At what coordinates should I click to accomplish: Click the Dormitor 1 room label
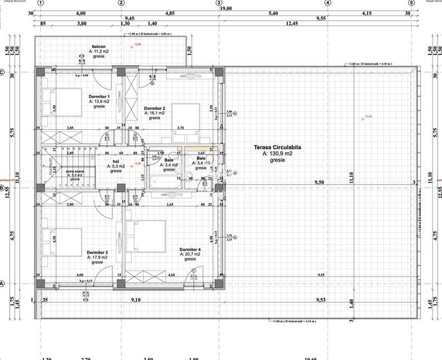click(x=99, y=97)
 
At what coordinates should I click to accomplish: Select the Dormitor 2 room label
click(x=155, y=109)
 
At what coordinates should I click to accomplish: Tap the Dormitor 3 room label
click(x=97, y=253)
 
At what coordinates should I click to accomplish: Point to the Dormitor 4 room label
click(x=190, y=249)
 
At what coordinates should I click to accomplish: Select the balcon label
click(x=99, y=47)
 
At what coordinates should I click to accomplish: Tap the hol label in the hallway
click(x=116, y=162)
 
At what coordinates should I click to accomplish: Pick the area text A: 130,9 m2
click(x=278, y=154)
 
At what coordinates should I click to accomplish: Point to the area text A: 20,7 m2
click(x=190, y=254)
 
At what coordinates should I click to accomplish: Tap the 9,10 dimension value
click(x=136, y=299)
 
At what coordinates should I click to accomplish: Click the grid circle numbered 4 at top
click(x=328, y=3)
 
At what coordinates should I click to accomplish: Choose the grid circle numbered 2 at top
click(x=122, y=3)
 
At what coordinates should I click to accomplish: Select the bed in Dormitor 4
click(x=148, y=237)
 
